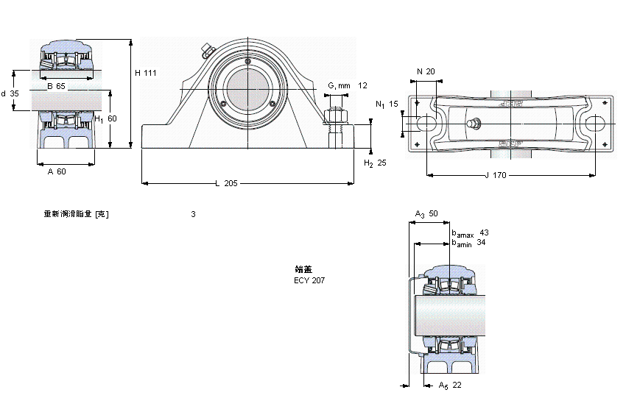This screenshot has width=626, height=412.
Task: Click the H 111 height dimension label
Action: click(x=146, y=72)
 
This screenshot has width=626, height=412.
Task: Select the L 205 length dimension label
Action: click(x=226, y=184)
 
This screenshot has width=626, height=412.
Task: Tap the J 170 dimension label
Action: click(x=496, y=175)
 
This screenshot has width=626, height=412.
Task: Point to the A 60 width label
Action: click(x=57, y=171)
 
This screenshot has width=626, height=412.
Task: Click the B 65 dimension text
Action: click(x=56, y=87)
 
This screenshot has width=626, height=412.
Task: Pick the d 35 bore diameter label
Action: click(x=10, y=93)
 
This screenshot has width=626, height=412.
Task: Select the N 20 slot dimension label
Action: click(x=426, y=71)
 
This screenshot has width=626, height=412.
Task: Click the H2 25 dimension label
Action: click(x=375, y=163)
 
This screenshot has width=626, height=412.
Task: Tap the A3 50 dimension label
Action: click(x=426, y=214)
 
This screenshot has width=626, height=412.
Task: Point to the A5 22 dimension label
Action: click(x=449, y=386)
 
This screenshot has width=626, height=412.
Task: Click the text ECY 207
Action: click(x=309, y=280)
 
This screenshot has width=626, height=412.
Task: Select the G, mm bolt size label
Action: click(x=339, y=85)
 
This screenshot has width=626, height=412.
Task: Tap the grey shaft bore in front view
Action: click(x=248, y=90)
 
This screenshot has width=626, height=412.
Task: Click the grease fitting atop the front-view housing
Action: click(x=205, y=51)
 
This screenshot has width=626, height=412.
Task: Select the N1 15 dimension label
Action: click(x=386, y=104)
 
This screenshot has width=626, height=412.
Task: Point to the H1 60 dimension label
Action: click(x=106, y=118)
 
